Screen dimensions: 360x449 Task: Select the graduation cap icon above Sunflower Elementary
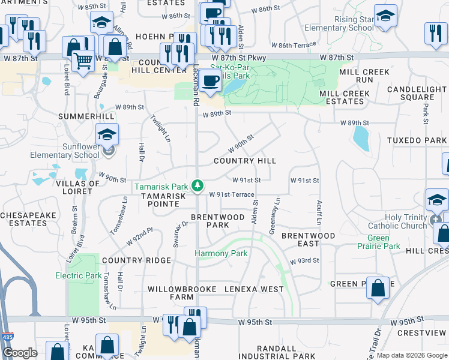coord(107,134)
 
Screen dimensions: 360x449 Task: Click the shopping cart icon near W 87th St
coord(82,61)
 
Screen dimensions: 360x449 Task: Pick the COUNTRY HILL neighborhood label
coord(246,161)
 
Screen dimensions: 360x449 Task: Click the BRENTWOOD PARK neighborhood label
coord(217,221)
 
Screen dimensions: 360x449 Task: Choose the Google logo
coord(20,353)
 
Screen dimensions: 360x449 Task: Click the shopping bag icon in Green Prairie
coord(378,287)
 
